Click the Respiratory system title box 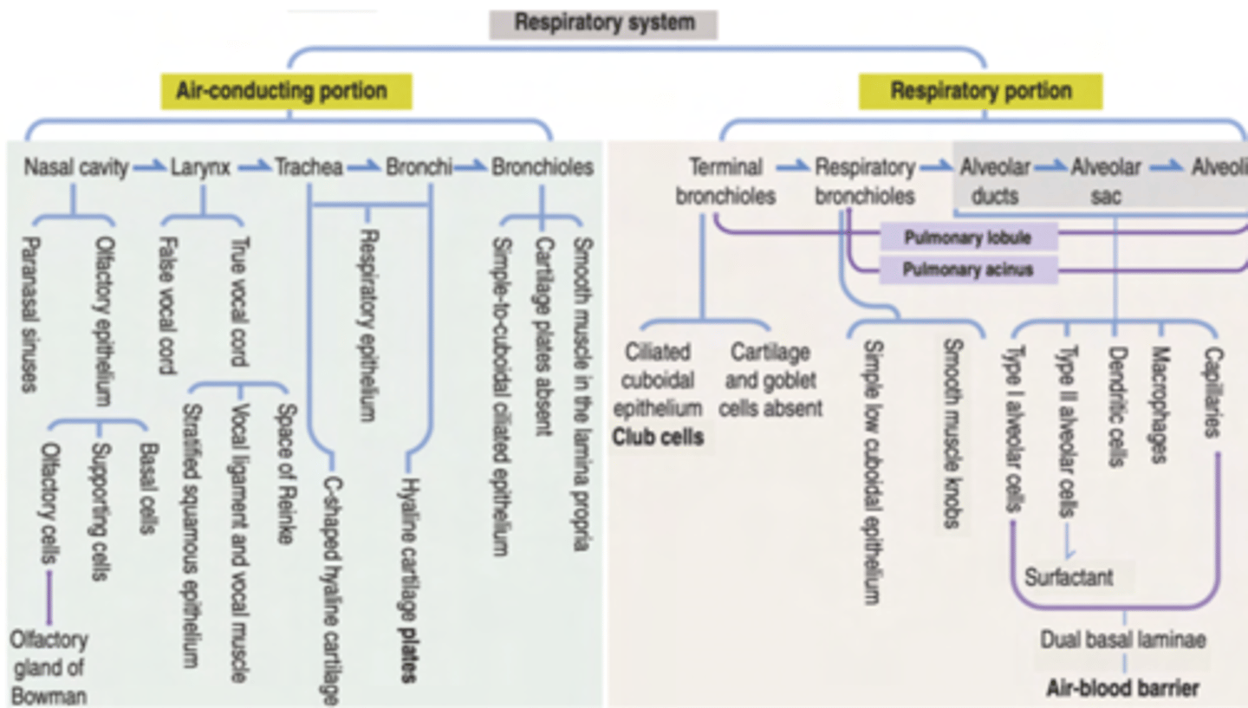point(603,23)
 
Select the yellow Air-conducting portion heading point(287,90)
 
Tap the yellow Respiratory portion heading point(980,90)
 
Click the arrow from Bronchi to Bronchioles point(471,167)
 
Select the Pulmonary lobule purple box point(967,237)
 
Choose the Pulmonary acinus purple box point(967,270)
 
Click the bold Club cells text point(658,437)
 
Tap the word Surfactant point(1069,575)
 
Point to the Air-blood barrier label point(1123,689)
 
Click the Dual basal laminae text point(1123,640)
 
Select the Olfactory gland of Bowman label point(49,668)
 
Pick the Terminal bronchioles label point(725,180)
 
